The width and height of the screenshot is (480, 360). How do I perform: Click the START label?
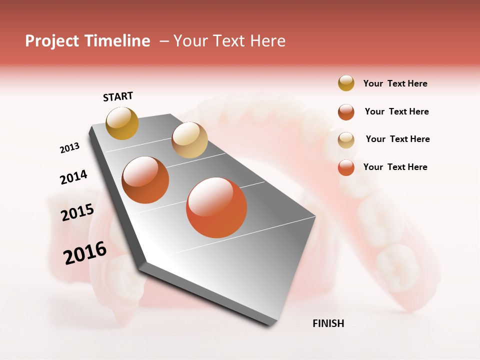point(118,96)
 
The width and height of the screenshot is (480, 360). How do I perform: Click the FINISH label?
point(328,323)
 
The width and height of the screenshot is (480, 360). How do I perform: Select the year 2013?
point(69,148)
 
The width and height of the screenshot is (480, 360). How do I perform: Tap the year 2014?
point(73,177)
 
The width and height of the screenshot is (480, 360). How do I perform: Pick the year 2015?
point(77,212)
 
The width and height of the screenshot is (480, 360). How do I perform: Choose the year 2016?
point(85,253)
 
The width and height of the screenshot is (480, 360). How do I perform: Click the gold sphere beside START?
point(122,123)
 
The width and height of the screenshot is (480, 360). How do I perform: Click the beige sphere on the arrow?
point(189,140)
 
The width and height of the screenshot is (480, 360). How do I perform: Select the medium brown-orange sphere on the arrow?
point(145,180)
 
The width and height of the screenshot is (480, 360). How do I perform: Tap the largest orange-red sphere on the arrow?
point(216,207)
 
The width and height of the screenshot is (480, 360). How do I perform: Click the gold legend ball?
point(346,83)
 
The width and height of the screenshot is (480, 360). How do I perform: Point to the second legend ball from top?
point(346,112)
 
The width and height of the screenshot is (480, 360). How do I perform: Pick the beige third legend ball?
point(346,140)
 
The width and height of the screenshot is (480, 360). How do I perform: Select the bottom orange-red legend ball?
point(346,167)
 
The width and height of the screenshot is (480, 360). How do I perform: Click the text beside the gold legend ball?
point(395,83)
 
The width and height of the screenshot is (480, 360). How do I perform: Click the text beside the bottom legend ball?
point(395,167)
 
